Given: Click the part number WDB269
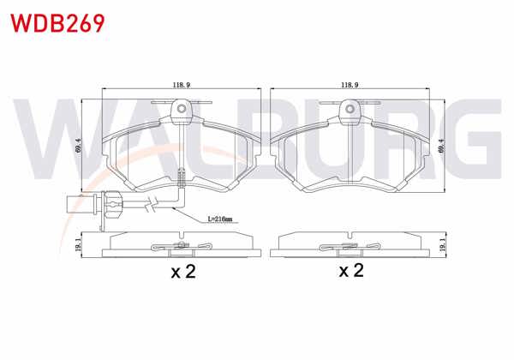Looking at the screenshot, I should click(x=56, y=21).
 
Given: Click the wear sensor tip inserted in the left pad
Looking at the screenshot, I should click(x=181, y=178).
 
